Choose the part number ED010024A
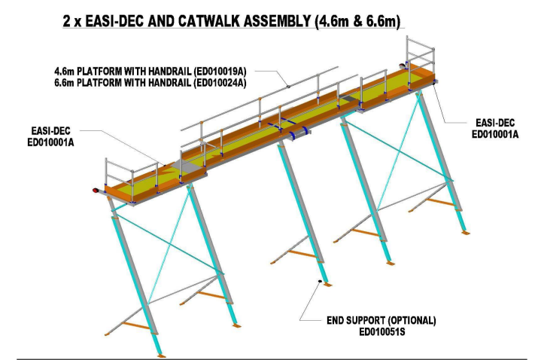224,79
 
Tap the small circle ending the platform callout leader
289,87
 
